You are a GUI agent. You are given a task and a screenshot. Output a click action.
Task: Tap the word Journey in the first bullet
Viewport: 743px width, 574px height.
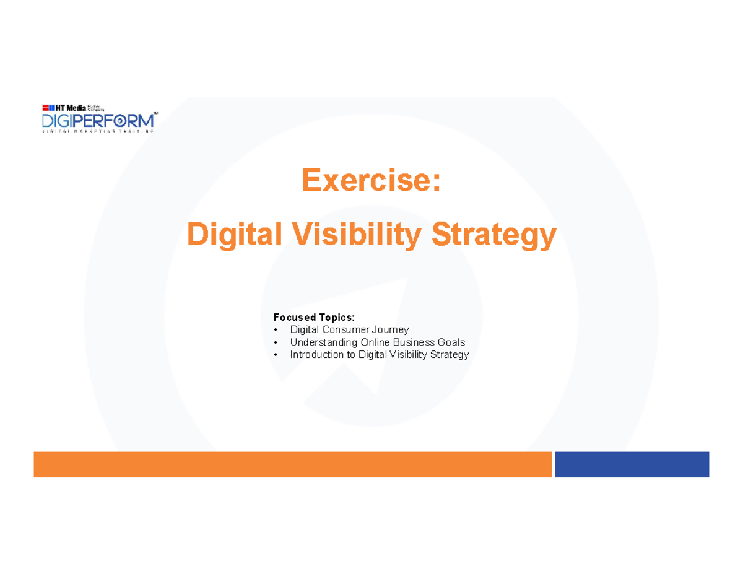[x=389, y=329]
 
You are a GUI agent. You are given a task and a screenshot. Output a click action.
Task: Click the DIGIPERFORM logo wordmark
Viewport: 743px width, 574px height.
[x=97, y=120]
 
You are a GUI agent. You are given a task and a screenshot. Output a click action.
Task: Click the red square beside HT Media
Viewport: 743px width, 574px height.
[x=45, y=108]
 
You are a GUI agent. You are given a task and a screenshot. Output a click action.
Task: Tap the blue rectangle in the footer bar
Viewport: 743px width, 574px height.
[x=632, y=464]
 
